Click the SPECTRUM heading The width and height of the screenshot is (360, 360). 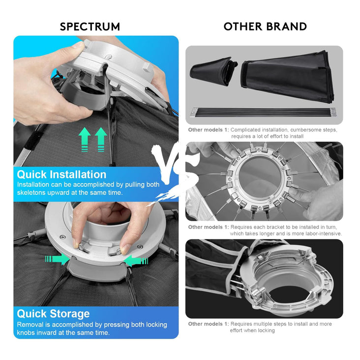click(x=90, y=27)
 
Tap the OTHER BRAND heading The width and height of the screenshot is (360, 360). click(x=265, y=27)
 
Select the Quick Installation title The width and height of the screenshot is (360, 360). click(x=61, y=175)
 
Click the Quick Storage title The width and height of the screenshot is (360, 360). click(x=53, y=314)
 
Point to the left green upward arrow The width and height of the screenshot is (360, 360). click(x=85, y=139)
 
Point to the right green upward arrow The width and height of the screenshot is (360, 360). click(x=101, y=139)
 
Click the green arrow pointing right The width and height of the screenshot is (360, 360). click(x=58, y=259)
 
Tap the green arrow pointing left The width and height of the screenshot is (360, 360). click(x=136, y=261)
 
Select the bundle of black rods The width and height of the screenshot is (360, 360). click(x=264, y=112)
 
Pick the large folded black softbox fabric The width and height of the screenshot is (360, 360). click(x=287, y=76)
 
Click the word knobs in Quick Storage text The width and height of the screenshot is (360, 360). click(x=26, y=332)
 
